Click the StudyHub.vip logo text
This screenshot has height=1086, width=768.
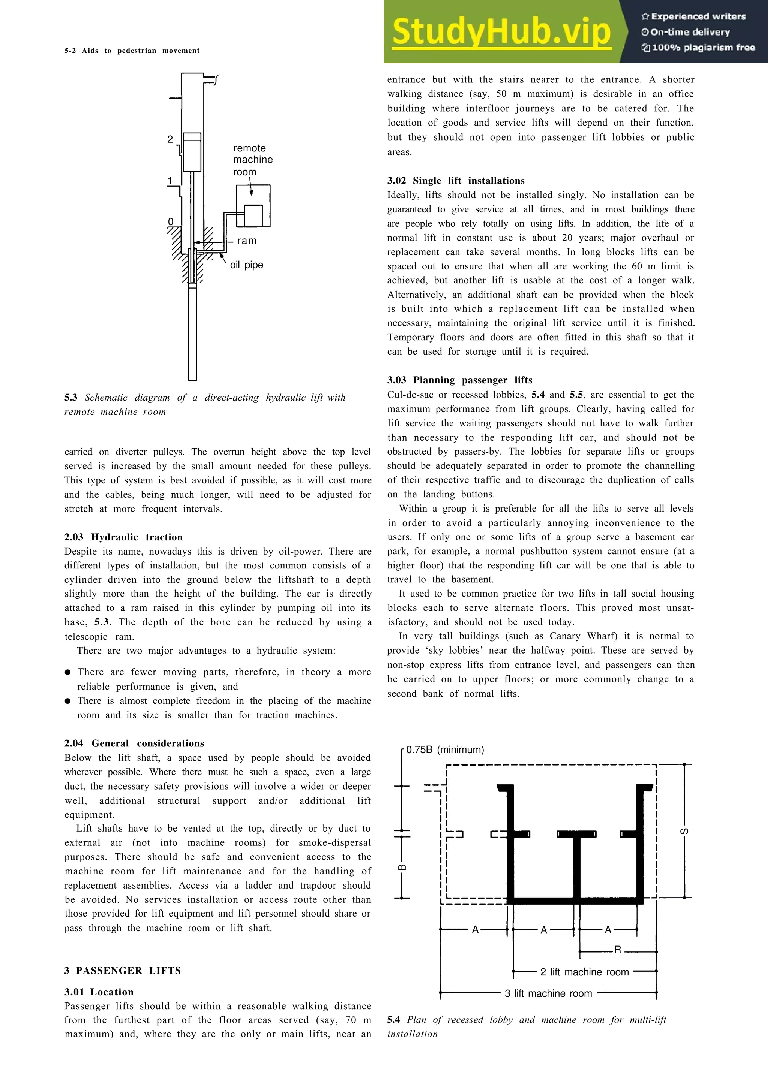pyautogui.click(x=501, y=32)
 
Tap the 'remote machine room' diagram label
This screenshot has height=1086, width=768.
pyautogui.click(x=253, y=160)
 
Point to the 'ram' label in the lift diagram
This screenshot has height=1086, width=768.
pyautogui.click(x=246, y=241)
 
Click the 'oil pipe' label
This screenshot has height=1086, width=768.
pyautogui.click(x=246, y=265)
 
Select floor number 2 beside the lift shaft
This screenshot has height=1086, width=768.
pyautogui.click(x=170, y=139)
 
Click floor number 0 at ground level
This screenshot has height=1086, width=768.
pyautogui.click(x=171, y=222)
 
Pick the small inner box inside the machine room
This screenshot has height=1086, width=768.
pyautogui.click(x=253, y=216)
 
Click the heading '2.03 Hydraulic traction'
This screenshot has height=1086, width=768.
pyautogui.click(x=123, y=537)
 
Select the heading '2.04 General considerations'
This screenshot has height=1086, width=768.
pyautogui.click(x=134, y=743)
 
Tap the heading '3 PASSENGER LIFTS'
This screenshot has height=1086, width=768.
pyautogui.click(x=123, y=971)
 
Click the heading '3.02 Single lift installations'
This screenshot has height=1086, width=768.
pyautogui.click(x=456, y=181)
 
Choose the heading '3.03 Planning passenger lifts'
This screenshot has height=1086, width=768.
pyautogui.click(x=459, y=380)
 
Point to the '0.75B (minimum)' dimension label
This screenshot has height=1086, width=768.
pyautogui.click(x=445, y=750)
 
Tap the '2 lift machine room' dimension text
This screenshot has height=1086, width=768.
pyautogui.click(x=584, y=972)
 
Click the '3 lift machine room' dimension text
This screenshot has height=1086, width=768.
pyautogui.click(x=548, y=993)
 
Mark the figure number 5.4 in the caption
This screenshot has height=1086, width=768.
pyautogui.click(x=393, y=1020)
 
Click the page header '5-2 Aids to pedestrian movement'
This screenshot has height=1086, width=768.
pyautogui.click(x=132, y=51)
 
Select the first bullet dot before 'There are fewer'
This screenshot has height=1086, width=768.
pyautogui.click(x=68, y=672)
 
